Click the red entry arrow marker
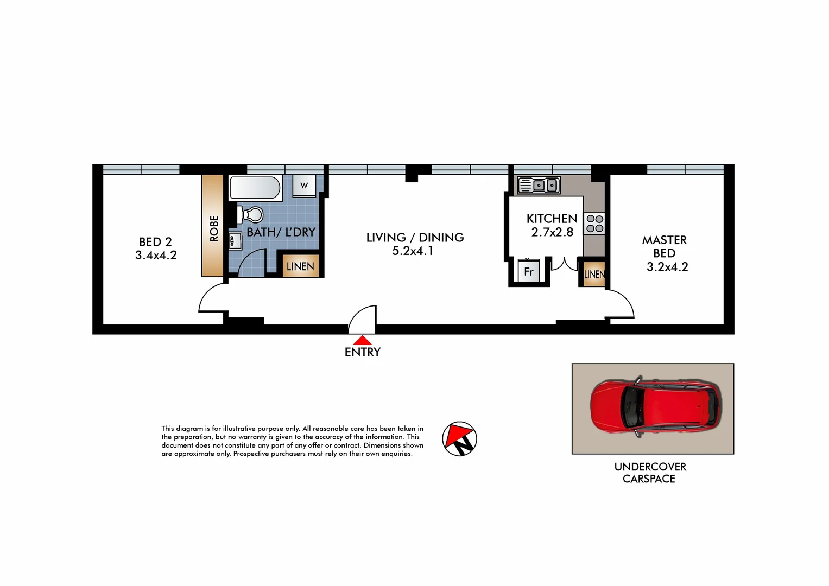362,341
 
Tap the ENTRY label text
363,352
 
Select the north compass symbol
459,439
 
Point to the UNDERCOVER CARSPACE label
650,473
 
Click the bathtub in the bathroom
255,188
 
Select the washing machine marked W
304,186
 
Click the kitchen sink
539,186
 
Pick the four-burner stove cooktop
594,224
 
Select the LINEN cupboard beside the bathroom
300,266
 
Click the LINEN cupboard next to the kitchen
594,274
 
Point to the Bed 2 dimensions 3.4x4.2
156,256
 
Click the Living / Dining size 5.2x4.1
413,251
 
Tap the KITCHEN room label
552,219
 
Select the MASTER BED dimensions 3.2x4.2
667,267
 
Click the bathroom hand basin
235,240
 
